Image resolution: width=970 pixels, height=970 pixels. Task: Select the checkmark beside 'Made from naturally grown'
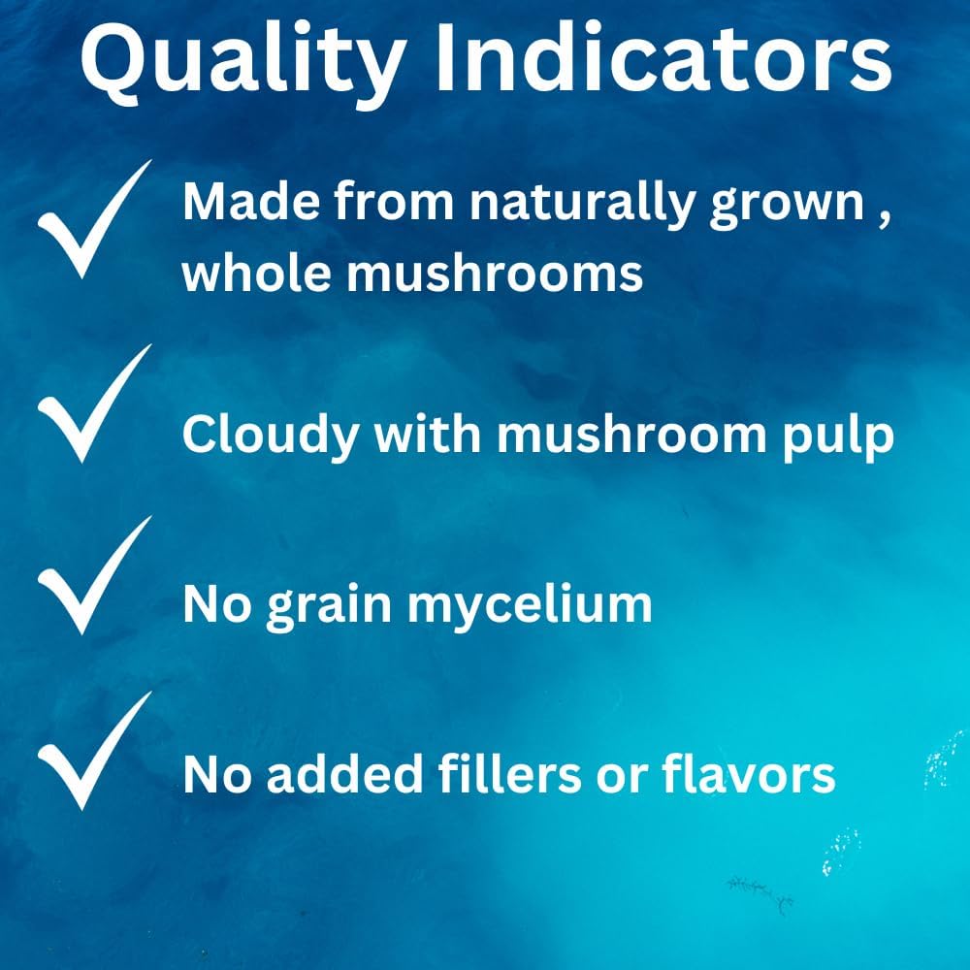pyautogui.click(x=95, y=219)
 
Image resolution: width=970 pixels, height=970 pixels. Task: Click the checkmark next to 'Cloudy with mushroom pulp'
pyautogui.click(x=95, y=404)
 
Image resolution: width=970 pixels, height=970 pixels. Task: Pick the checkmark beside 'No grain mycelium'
pyautogui.click(x=95, y=574)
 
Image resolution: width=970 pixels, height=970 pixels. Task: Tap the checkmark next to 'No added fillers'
pyautogui.click(x=95, y=751)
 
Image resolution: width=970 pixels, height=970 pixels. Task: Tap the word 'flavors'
pyautogui.click(x=749, y=773)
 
